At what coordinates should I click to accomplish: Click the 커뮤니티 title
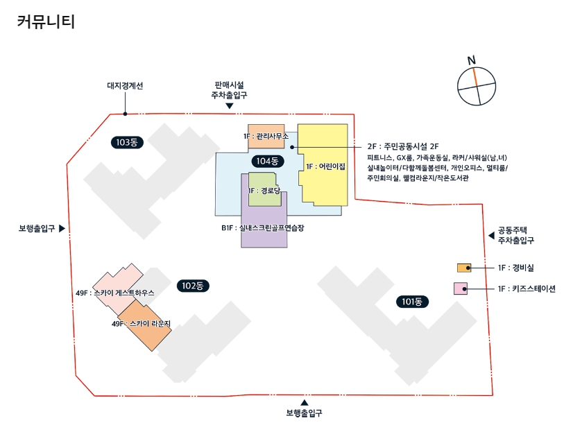pyautogui.click(x=45, y=22)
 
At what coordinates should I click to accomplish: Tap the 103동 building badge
pyautogui.click(x=127, y=142)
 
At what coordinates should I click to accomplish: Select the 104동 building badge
pyautogui.click(x=267, y=162)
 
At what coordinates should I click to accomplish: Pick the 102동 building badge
pyautogui.click(x=193, y=286)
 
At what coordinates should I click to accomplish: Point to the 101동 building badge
pyautogui.click(x=413, y=302)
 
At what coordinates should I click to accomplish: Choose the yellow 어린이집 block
pyautogui.click(x=323, y=166)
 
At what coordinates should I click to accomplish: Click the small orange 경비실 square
pyautogui.click(x=464, y=268)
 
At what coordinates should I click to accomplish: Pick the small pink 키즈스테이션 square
pyautogui.click(x=460, y=289)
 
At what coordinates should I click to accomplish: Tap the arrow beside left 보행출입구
pyautogui.click(x=62, y=228)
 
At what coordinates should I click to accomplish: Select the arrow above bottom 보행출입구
pyautogui.click(x=304, y=402)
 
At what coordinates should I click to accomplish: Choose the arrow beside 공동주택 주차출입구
pyautogui.click(x=492, y=236)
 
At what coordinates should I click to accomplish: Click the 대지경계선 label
pyautogui.click(x=125, y=86)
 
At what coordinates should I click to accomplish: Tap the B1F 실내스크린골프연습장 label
pyautogui.click(x=263, y=227)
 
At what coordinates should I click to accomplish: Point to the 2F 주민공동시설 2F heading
pyautogui.click(x=404, y=146)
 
